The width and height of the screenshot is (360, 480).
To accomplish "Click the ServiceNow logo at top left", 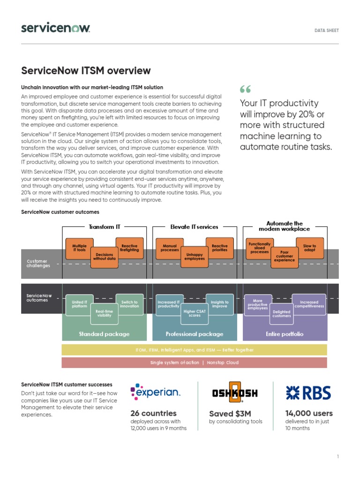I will coord(55,28).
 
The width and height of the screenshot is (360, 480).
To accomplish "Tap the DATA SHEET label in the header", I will coord(326,30).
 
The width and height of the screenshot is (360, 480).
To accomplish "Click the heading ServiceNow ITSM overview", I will coord(86,71).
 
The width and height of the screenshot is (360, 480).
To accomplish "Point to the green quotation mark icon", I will coord(245,89).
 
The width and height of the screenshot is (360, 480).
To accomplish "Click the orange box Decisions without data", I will coord(104,256).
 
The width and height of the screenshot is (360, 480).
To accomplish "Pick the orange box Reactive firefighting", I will coord(129,248).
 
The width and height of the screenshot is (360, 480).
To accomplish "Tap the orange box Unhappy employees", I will coord(195,256).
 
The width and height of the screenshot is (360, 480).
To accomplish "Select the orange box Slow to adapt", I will coord(310,248).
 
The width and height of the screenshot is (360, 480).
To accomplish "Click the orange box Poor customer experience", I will coord(285,256).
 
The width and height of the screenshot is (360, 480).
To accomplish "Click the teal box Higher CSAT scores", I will coord(195,313).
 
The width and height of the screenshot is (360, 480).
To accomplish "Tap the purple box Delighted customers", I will coord(282,314).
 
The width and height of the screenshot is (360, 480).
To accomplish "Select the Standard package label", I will coord(104,334).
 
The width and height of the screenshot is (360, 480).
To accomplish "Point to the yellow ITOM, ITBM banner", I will coord(194,350).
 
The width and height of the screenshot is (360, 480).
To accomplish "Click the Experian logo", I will coord(155,392).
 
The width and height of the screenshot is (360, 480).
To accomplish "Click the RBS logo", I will coord(308,393).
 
